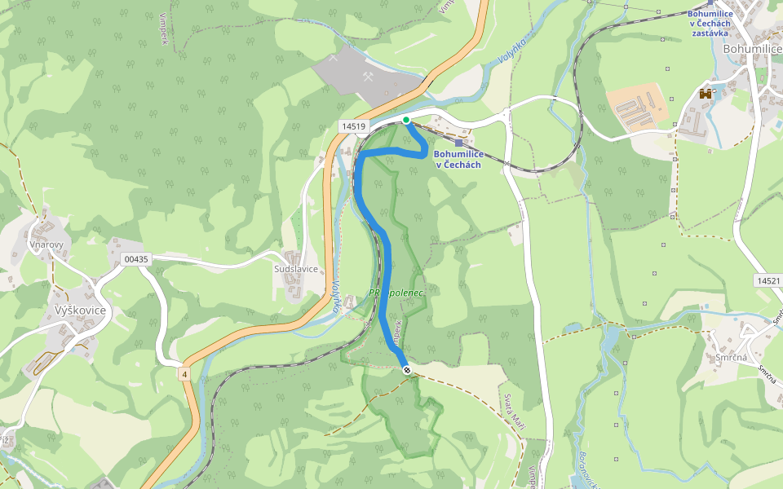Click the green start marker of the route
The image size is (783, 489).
(x=406, y=120)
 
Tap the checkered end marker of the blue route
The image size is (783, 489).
(x=406, y=370)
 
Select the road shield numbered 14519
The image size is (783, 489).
(x=355, y=126)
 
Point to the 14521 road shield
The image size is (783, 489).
(x=768, y=280)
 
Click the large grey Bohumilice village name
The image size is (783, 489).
(x=752, y=48)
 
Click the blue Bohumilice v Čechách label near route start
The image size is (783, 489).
(x=458, y=159)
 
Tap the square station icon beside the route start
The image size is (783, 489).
(x=458, y=142)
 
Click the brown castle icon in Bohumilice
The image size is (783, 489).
(x=706, y=94)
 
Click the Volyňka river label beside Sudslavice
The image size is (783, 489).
(x=336, y=297)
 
